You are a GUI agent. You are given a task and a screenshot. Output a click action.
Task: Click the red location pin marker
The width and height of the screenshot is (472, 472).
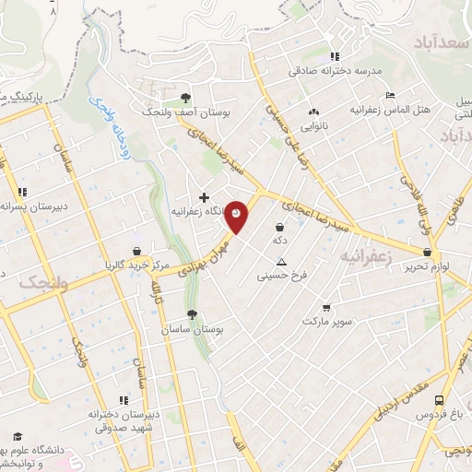pyautogui.click(x=238, y=216)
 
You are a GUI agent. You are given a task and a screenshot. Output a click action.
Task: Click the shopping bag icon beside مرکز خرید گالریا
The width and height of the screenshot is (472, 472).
pyautogui.click(x=136, y=251)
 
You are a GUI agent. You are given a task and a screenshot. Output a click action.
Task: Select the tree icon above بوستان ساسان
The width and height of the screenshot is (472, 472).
pyautogui.click(x=192, y=314)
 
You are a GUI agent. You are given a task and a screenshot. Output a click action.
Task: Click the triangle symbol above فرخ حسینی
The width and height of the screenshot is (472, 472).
pyautogui.click(x=281, y=261)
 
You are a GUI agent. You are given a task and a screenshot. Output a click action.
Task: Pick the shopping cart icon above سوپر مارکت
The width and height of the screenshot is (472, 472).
pyautogui.click(x=325, y=308)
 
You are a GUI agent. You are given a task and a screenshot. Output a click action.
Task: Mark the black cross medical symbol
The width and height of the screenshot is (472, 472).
pyautogui.click(x=204, y=197)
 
